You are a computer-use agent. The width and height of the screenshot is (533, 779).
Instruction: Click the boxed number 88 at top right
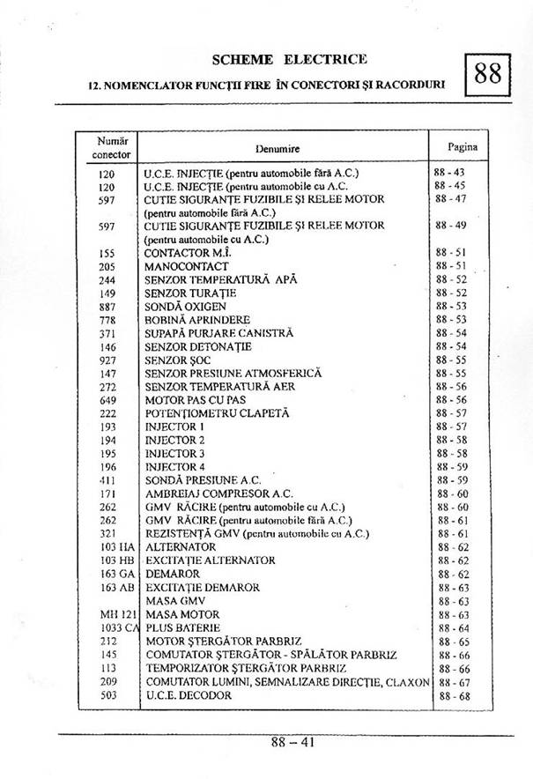487,75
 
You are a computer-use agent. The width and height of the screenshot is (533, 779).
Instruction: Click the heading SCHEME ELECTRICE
290,60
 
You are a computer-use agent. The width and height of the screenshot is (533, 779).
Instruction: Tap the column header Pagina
462,147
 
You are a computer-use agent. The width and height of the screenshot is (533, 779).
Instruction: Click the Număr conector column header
112,147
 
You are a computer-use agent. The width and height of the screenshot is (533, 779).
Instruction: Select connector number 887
107,307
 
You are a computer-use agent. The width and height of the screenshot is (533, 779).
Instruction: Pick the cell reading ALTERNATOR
181,547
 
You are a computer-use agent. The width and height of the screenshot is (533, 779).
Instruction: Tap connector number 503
107,695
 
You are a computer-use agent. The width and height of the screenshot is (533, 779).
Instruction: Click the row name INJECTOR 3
174,454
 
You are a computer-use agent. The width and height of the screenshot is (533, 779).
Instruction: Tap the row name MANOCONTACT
186,266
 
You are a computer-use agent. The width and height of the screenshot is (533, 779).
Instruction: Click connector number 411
107,480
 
